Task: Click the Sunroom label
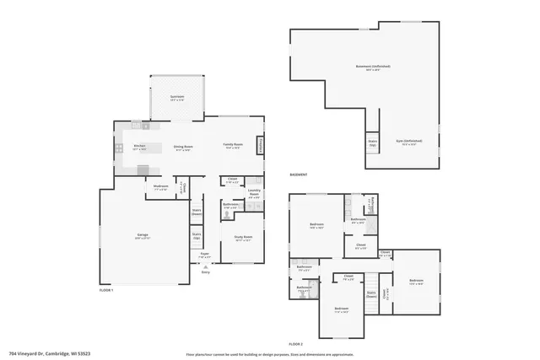pyautogui.click(x=176, y=98)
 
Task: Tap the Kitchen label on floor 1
pyautogui.click(x=140, y=148)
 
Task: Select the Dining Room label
pyautogui.click(x=182, y=148)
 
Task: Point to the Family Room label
pyautogui.click(x=233, y=147)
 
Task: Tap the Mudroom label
pyautogui.click(x=160, y=187)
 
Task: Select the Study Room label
pyautogui.click(x=245, y=238)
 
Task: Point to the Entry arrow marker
pyautogui.click(x=205, y=266)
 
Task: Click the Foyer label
pyautogui.click(x=204, y=253)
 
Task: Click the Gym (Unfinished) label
pyautogui.click(x=409, y=142)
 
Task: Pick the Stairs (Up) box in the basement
pyautogui.click(x=372, y=143)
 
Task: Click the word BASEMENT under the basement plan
pyautogui.click(x=298, y=175)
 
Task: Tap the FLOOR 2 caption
pyautogui.click(x=295, y=344)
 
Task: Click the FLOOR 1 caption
pyautogui.click(x=105, y=289)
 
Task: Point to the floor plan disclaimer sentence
pyautogui.click(x=270, y=353)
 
